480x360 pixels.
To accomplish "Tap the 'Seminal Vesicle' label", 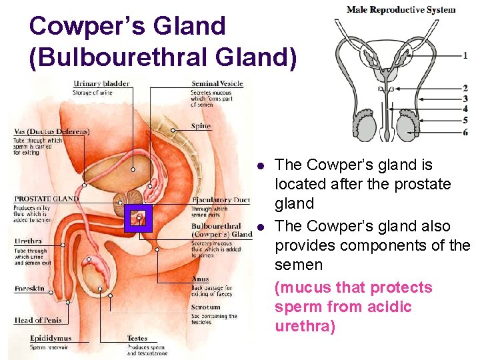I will (x=217, y=84).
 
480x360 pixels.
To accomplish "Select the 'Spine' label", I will (x=200, y=126).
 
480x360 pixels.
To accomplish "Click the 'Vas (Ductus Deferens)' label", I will (x=51, y=131).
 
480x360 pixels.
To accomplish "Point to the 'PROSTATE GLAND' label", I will (x=46, y=199).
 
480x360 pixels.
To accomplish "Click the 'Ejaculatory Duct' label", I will (x=220, y=199).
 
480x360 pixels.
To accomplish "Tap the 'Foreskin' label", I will (x=30, y=289).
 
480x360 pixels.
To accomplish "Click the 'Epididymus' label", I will (x=51, y=339).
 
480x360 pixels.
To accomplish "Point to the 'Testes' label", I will (x=137, y=339).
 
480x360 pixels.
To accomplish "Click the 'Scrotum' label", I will (x=205, y=308).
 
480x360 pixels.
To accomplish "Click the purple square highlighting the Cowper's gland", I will (x=139, y=218).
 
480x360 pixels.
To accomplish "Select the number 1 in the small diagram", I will (x=465, y=55).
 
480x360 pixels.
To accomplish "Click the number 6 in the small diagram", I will (x=465, y=132).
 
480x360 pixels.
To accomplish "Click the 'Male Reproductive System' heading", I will (x=401, y=10).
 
